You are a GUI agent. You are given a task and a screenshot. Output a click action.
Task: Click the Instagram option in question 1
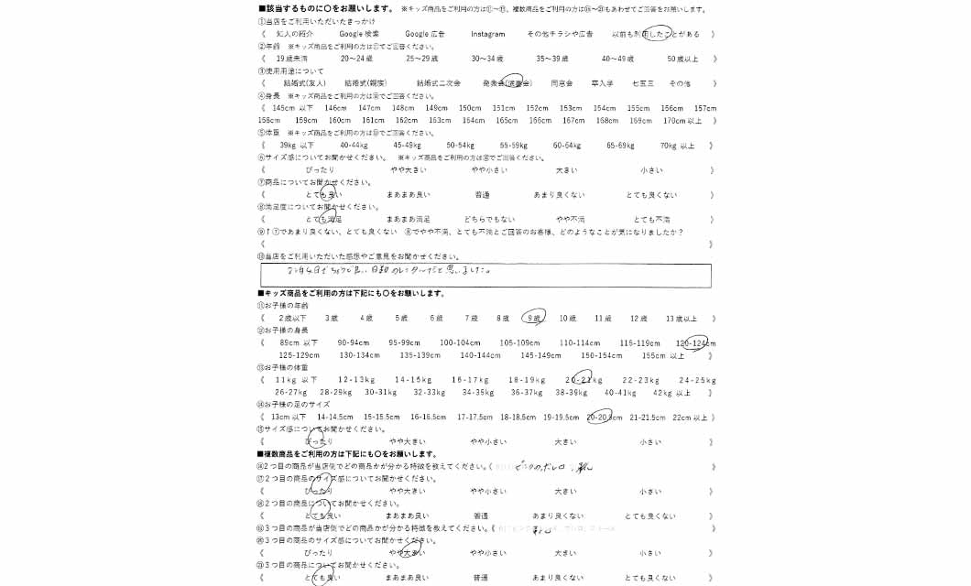487,34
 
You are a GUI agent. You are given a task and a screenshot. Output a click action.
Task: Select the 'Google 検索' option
360,34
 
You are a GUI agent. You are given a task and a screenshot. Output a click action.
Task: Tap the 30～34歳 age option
488,59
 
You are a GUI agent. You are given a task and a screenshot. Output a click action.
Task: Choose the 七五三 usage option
643,83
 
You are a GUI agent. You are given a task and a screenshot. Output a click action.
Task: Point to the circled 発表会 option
507,83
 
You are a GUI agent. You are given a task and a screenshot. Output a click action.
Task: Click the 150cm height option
470,108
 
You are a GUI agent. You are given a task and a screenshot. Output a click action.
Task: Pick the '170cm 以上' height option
682,121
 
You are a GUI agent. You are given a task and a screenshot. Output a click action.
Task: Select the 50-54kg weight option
461,146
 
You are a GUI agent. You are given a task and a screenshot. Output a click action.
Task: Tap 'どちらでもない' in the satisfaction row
490,220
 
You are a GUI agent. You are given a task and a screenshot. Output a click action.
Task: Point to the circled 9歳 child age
533,319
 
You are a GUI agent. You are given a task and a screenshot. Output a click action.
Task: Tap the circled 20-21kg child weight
584,380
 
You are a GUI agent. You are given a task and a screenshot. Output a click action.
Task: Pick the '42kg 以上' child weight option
671,393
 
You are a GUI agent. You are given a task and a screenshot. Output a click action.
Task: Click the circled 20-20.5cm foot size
604,418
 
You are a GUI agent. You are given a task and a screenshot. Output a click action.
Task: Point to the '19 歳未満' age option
292,59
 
